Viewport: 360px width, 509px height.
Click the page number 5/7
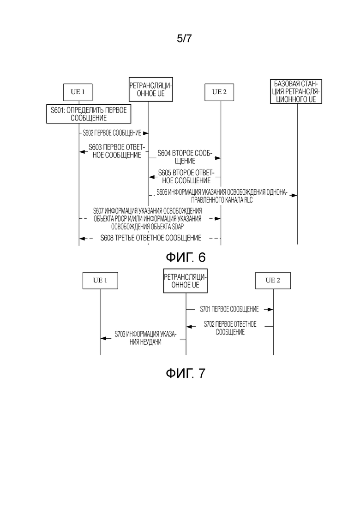click(x=184, y=38)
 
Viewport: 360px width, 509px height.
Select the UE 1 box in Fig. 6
click(x=78, y=92)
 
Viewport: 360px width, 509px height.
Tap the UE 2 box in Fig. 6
click(x=219, y=92)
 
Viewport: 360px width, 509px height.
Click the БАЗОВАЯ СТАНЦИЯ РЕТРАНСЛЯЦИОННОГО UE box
click(x=296, y=91)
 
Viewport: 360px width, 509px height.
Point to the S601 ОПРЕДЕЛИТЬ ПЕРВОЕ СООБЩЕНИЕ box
click(x=89, y=114)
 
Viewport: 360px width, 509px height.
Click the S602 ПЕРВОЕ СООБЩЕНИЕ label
click(x=112, y=133)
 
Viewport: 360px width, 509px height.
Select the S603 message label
click(x=117, y=151)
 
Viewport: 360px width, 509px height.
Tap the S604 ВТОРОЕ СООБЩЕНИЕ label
click(x=185, y=157)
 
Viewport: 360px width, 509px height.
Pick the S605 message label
click(x=186, y=177)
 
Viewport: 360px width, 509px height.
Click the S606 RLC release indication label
click(x=222, y=196)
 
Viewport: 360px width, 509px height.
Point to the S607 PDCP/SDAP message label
click(x=147, y=219)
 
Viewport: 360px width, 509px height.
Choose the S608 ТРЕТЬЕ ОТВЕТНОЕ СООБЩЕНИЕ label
click(x=151, y=238)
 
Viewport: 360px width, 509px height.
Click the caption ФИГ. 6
click(x=186, y=257)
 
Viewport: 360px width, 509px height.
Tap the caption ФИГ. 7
click(x=186, y=373)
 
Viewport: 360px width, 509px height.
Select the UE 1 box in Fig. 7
click(x=100, y=281)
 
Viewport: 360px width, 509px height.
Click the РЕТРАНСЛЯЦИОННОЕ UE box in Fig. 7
click(x=186, y=281)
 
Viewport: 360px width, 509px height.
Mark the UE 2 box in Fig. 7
click(x=273, y=281)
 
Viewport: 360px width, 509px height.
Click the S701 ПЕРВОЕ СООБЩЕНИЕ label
click(x=229, y=309)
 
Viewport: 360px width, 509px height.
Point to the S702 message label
click(x=230, y=328)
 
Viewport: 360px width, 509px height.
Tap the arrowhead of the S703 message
click(x=103, y=338)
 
